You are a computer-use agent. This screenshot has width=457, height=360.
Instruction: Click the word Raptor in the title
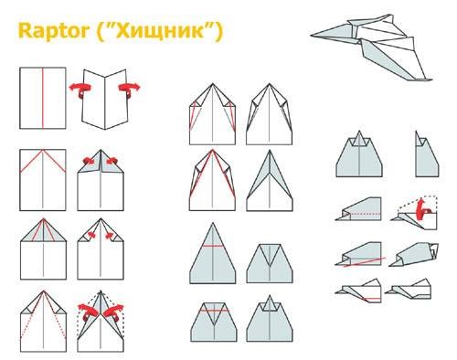click(x=54, y=30)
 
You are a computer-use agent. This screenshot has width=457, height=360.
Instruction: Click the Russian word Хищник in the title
click(x=160, y=31)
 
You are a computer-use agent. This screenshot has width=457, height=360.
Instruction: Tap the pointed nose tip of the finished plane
click(x=312, y=36)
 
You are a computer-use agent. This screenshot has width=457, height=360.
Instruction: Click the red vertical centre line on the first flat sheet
click(x=43, y=98)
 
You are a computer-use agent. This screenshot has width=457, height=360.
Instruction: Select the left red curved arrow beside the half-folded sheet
click(x=79, y=89)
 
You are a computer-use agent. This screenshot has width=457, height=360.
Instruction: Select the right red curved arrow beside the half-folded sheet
click(x=129, y=89)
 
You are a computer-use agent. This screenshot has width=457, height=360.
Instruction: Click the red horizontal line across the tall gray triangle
click(x=213, y=246)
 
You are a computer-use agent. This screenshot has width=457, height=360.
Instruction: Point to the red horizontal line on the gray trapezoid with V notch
click(x=214, y=311)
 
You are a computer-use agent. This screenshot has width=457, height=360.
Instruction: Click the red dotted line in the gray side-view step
click(x=365, y=214)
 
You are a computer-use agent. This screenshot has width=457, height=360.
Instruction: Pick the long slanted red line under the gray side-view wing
click(x=364, y=262)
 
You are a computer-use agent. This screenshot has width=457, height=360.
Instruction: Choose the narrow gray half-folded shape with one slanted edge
click(x=427, y=154)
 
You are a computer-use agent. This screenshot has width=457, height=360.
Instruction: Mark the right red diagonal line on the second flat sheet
click(x=54, y=161)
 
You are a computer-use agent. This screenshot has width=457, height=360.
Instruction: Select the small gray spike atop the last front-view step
click(x=270, y=303)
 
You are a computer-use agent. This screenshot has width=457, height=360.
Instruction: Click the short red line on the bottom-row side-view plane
click(x=372, y=299)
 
